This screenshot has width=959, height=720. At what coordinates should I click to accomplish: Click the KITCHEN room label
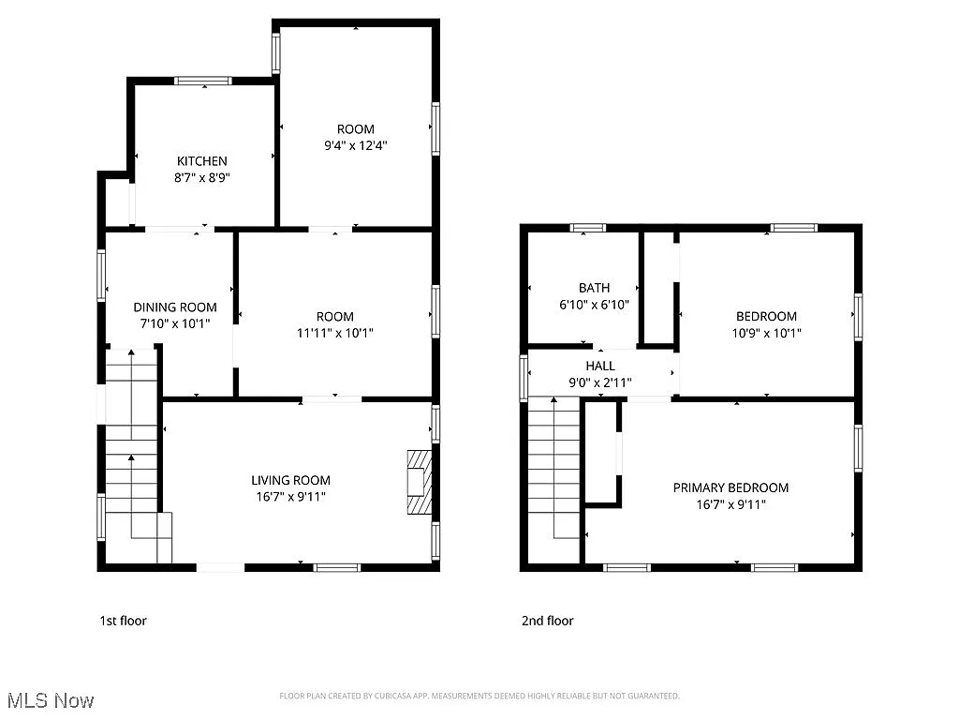coord(202,161)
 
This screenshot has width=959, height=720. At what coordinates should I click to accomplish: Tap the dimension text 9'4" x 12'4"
coord(356,145)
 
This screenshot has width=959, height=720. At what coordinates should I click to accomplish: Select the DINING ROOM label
coord(175,307)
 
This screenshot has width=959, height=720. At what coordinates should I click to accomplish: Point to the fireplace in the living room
coord(420,483)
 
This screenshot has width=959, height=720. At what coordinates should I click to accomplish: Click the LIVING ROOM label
coord(293,480)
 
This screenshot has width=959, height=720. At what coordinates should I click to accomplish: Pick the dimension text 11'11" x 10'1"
coord(334,332)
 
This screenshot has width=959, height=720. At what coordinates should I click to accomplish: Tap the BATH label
coord(594,288)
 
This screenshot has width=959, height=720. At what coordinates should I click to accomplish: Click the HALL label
coord(600,366)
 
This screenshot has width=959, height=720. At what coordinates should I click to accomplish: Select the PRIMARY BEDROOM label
coord(730,487)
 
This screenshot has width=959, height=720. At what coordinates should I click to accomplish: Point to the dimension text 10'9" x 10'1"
coord(765,332)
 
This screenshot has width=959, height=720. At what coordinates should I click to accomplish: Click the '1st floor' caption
coord(123,621)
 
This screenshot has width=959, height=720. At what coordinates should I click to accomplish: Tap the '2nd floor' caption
coord(547,621)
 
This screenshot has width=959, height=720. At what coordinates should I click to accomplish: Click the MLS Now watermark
coord(50,700)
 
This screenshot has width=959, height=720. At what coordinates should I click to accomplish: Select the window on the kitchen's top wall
coord(203,81)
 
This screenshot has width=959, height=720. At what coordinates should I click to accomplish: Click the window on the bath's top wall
coord(588,227)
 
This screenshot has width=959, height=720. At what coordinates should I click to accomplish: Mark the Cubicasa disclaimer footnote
coord(479,696)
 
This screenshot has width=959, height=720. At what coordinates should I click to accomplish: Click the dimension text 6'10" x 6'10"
coord(594,304)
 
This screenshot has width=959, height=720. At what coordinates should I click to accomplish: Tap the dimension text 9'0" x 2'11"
coord(600,382)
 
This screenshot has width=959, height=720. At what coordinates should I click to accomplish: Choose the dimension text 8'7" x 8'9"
coord(202,177)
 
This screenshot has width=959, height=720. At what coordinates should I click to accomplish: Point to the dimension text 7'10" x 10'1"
coord(175,323)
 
